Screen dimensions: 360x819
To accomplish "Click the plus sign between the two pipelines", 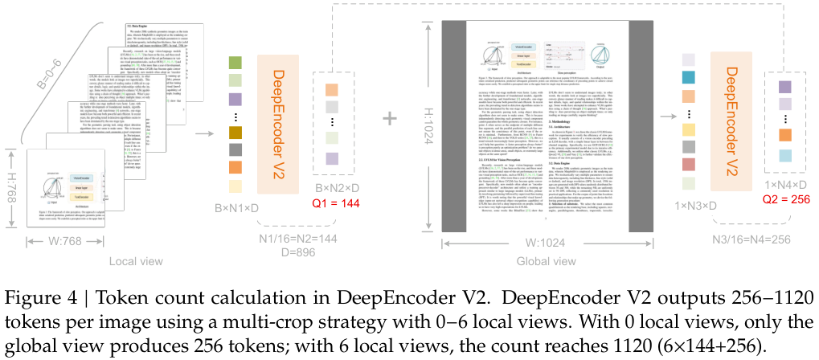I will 391,118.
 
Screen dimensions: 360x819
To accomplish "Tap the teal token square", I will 687,78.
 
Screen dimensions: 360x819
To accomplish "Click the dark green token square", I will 235,63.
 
